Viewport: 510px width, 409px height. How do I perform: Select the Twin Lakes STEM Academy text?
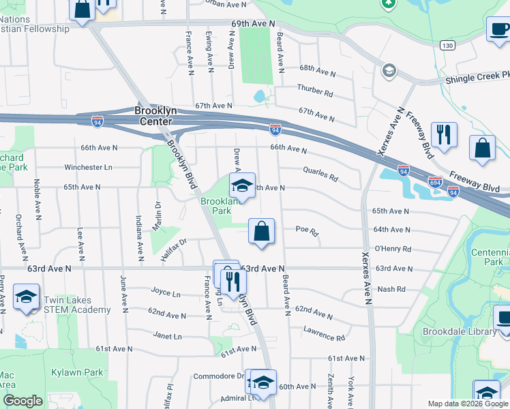(76, 305)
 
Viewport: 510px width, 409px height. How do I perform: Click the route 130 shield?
(447, 45)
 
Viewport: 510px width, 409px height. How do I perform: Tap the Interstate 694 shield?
(436, 183)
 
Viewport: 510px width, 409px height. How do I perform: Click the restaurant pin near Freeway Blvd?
(443, 135)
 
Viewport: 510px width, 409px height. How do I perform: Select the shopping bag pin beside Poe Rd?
(261, 232)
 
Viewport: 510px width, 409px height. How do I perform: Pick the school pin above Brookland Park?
(241, 185)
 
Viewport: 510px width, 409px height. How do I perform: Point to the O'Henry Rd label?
(392, 249)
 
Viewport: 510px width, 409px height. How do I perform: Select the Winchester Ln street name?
(88, 167)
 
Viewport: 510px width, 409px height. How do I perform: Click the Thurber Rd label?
(314, 91)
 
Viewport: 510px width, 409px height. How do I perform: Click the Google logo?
(22, 401)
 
